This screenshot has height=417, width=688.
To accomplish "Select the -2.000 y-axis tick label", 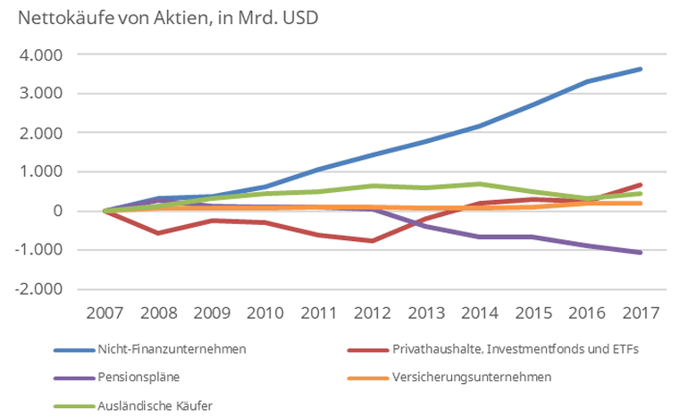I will (x=40, y=289).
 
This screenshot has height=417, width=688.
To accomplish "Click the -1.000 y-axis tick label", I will (x=40, y=250).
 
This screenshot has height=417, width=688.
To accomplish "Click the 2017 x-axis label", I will (x=641, y=314).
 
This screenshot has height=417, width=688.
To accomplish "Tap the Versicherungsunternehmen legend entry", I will (x=471, y=376).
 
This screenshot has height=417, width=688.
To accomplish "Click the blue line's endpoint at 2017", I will (x=641, y=69).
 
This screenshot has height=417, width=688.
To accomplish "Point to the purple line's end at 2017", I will (x=641, y=253).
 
